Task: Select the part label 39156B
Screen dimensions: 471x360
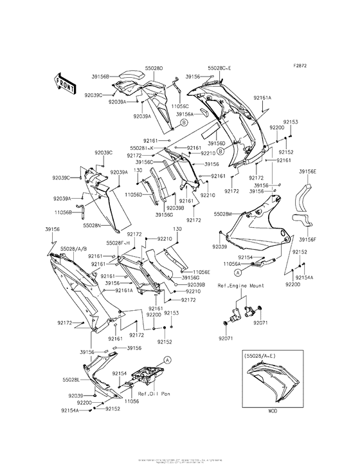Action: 101,75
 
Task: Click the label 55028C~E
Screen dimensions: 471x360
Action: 221,67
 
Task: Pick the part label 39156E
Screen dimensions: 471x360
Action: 307,172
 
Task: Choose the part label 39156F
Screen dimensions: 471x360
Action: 307,239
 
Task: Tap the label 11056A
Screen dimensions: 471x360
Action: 232,263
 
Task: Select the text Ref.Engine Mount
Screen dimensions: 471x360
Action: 241,285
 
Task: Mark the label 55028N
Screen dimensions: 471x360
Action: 92,226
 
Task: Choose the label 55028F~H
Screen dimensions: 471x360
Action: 118,243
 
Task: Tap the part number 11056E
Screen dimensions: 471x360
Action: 201,272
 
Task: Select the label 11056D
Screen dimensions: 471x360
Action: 134,194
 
